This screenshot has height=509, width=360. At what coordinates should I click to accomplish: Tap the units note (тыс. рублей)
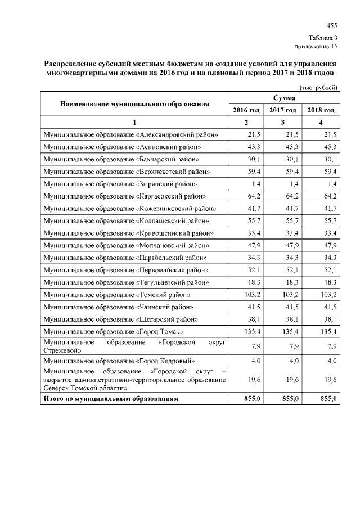319,87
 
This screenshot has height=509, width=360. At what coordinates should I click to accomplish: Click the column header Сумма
284,98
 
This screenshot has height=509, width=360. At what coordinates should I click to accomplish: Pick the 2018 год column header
321,110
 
